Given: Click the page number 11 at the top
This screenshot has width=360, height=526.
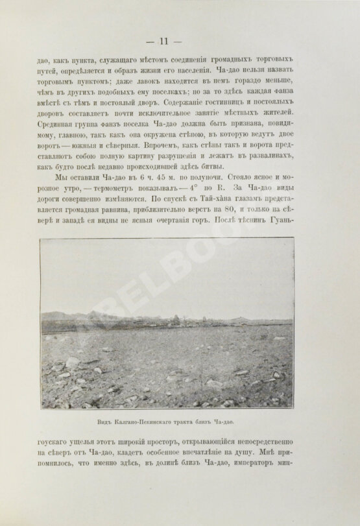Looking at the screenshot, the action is [180, 42].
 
